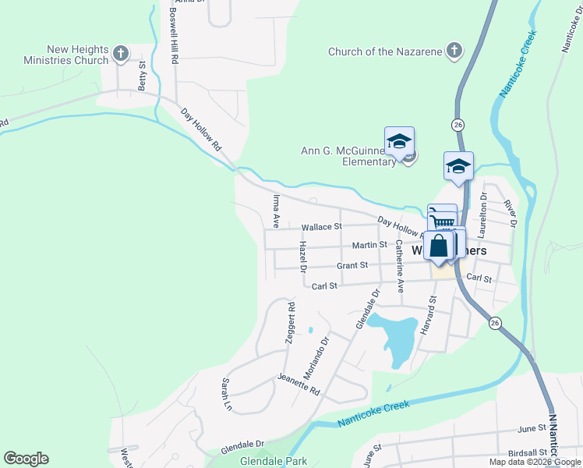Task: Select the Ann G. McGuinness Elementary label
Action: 348,156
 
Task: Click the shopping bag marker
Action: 439,246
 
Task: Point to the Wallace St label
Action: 321,227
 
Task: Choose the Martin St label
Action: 369,245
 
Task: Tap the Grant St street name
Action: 352,266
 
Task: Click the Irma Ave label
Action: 275,211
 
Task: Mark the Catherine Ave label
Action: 399,265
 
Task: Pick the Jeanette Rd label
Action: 299,385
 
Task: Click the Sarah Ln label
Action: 228,395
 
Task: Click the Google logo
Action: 26,459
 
